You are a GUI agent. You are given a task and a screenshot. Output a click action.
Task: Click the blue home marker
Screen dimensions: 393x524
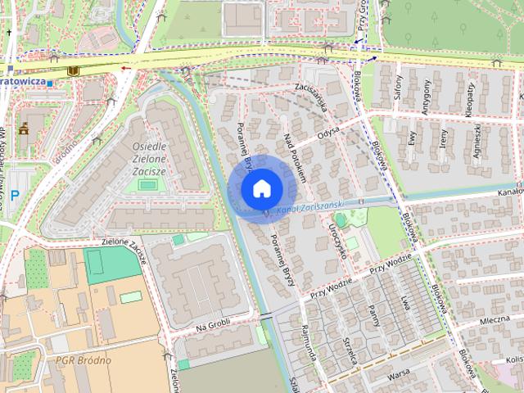coord(260,188)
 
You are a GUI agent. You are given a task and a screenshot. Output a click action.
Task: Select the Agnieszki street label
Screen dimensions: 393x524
coord(477,140)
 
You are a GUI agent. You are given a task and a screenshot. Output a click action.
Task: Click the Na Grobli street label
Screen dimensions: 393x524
coord(214,326)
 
